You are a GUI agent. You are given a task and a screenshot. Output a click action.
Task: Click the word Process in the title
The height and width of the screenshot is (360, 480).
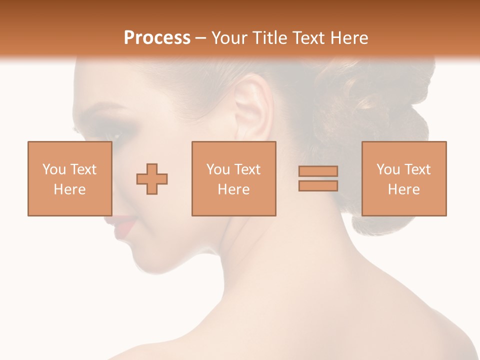tap(157, 38)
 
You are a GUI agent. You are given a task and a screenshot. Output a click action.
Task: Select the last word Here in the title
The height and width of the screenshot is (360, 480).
tap(348, 38)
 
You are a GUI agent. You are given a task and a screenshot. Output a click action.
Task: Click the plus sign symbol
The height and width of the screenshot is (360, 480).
tap(152, 178)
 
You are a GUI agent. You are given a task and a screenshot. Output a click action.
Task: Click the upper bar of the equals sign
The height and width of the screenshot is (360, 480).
tap(318, 171)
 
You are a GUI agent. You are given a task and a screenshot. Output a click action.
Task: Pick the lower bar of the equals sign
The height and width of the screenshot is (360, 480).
tap(318, 185)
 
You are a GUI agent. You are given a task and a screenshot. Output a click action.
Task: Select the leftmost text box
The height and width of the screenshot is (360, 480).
tap(69, 178)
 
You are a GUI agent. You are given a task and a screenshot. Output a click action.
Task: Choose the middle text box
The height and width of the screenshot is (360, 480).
tap(233, 178)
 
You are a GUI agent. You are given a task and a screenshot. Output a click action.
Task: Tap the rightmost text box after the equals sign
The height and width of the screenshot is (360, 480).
tap(403, 178)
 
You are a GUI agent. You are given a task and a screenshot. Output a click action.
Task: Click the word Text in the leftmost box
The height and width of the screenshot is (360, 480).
tap(83, 169)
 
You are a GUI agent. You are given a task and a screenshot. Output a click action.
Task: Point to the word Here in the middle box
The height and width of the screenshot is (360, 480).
tap(233, 189)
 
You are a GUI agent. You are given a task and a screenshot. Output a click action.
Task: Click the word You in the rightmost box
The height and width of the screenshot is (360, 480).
tap(388, 169)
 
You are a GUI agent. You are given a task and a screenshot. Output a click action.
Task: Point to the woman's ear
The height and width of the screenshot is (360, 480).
tap(249, 107)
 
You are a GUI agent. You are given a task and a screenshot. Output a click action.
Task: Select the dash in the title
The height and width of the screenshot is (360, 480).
tap(201, 38)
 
